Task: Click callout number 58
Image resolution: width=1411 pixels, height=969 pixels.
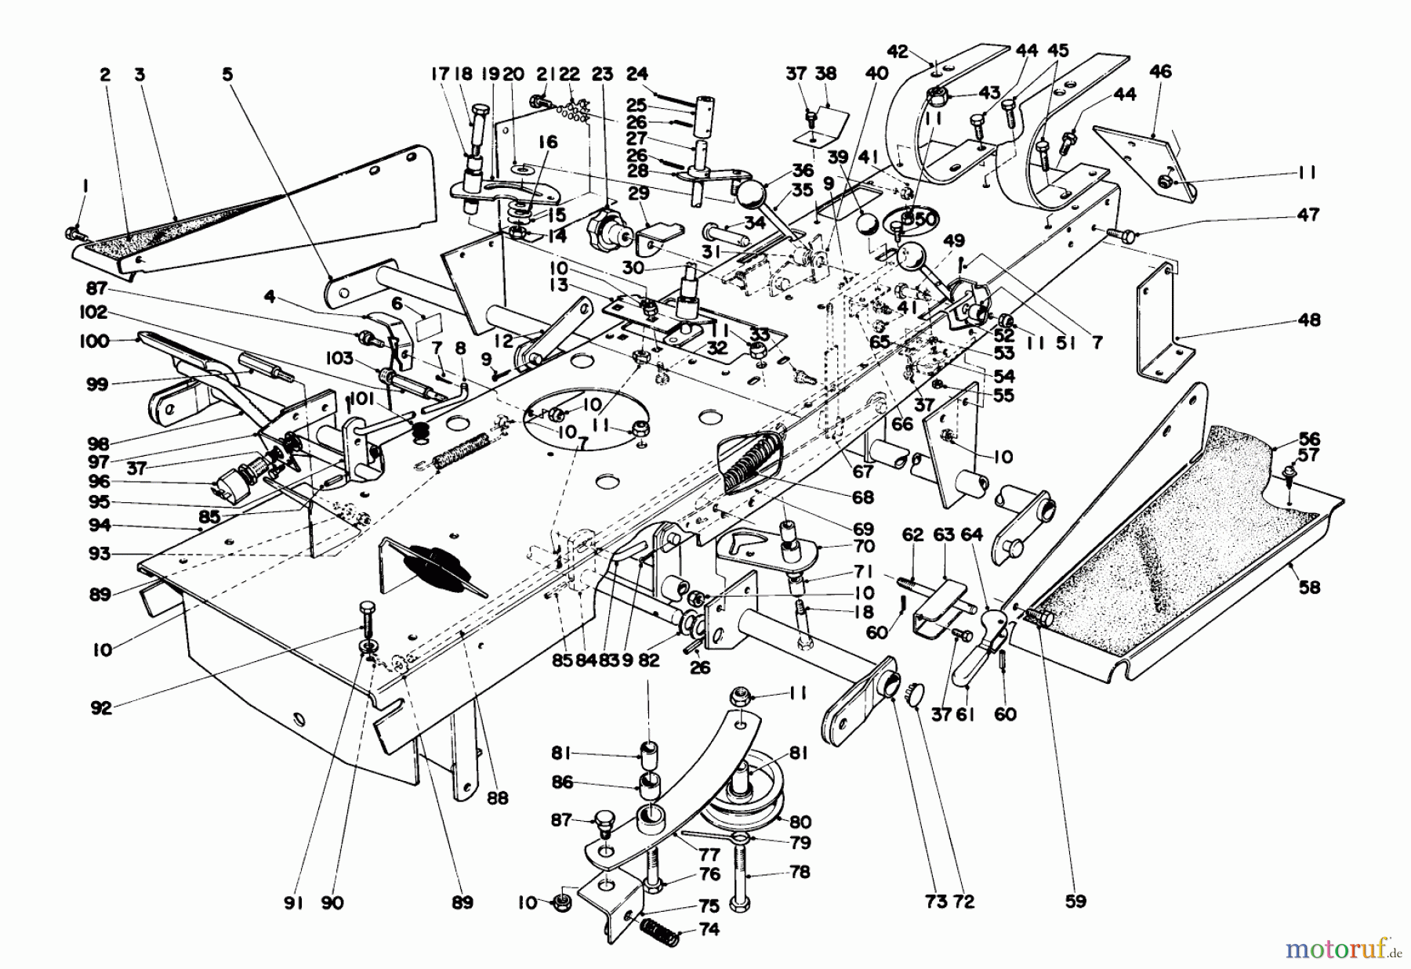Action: [x=1310, y=587]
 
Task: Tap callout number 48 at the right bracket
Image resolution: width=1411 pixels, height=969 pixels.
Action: [x=1309, y=320]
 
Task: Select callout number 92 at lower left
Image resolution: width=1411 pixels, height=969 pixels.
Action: [x=101, y=708]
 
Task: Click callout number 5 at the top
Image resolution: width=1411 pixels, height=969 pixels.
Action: [x=227, y=74]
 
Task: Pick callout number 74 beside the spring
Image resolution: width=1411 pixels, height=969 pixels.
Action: [x=709, y=930]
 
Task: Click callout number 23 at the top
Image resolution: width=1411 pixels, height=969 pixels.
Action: [x=601, y=74]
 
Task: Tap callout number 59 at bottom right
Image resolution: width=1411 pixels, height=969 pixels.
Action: [x=1076, y=901]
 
